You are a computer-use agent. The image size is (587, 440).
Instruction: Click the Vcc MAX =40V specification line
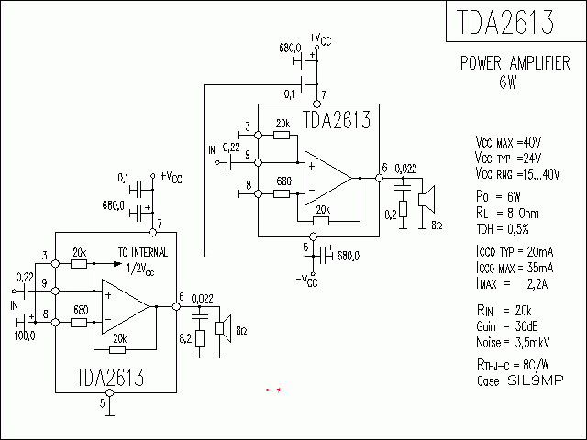coord(509,143)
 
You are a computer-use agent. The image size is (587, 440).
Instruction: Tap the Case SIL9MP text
coord(519,379)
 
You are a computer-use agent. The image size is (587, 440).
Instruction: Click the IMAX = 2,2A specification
coord(512,283)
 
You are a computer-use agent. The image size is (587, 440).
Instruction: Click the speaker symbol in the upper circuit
coord(427,199)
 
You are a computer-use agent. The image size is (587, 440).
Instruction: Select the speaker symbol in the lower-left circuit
coord(222,328)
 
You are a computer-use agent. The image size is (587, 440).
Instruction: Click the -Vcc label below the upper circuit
coord(305,280)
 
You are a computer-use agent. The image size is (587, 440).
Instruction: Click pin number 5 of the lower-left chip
coord(103,401)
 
